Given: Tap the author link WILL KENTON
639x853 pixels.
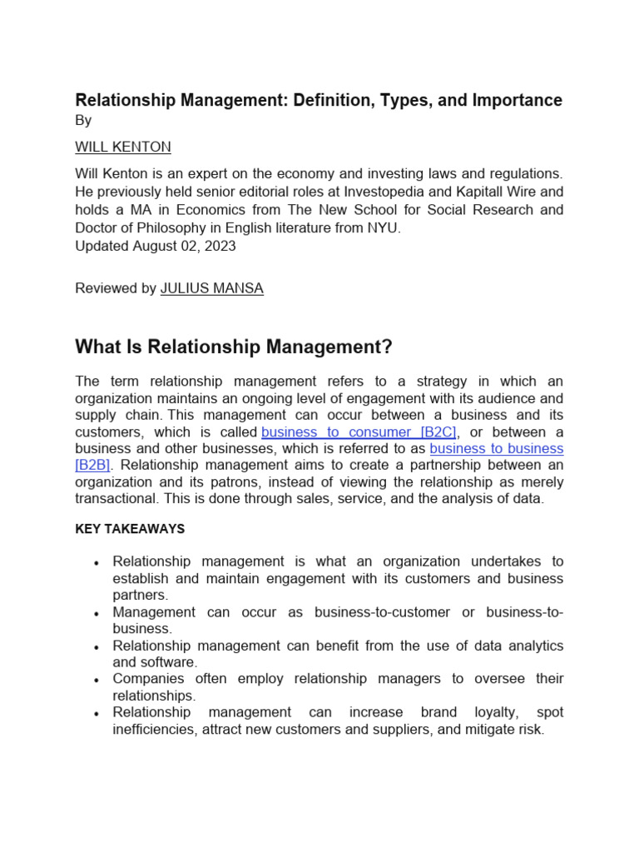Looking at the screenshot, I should [123, 147].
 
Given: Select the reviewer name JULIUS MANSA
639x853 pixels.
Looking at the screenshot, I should [211, 288].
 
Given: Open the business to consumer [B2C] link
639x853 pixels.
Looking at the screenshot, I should [359, 431].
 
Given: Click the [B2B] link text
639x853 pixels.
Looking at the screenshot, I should [92, 465].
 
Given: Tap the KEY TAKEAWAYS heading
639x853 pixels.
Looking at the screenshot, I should [130, 529].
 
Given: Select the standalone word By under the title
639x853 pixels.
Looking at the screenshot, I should [83, 120].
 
